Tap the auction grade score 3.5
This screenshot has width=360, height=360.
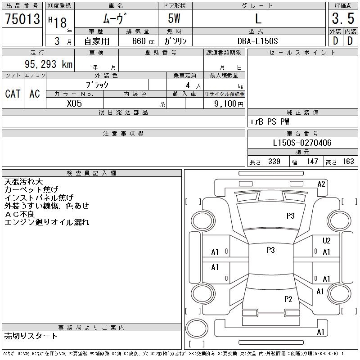pos(342,18)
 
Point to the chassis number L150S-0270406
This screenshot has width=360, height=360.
pos(302,143)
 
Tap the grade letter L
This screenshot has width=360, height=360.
pos(258,18)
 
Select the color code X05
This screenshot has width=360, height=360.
pos(74,103)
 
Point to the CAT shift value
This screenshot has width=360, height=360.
pos(13,94)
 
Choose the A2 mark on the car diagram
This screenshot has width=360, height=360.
pos(321,184)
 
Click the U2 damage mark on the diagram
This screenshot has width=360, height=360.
pos(327,241)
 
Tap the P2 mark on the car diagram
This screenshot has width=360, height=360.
pos(288,299)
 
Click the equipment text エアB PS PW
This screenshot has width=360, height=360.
pos(270,121)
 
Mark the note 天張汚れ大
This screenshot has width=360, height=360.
pos(23,182)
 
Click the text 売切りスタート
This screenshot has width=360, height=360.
pos(31,336)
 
